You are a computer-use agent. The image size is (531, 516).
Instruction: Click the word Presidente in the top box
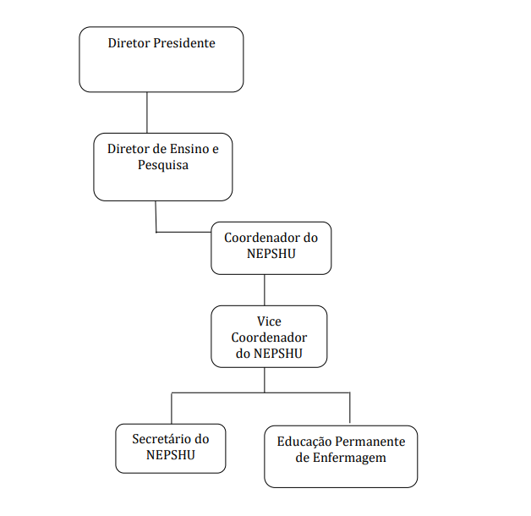tap(183, 43)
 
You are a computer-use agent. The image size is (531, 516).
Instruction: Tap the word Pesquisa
tap(163, 165)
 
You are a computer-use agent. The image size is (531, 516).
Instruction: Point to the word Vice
tap(269, 321)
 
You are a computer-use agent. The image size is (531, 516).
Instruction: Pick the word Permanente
tap(370, 442)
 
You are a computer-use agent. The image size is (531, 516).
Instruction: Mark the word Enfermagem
tap(349, 458)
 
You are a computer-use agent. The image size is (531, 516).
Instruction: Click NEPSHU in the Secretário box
tap(170, 455)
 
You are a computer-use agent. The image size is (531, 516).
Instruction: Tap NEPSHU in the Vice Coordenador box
tap(278, 354)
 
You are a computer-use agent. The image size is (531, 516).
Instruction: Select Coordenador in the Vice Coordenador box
tap(269, 338)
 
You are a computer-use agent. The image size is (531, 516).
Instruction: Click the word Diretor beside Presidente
tap(129, 43)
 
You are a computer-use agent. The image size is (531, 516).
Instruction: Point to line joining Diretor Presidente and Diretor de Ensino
tap(147, 113)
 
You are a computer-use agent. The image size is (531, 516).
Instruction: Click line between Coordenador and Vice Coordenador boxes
tap(265, 290)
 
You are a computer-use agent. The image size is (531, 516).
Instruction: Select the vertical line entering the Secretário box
tap(172, 409)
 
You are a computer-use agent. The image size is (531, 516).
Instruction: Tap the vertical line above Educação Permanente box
tap(349, 408)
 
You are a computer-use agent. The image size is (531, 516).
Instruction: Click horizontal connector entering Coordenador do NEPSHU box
tap(183, 232)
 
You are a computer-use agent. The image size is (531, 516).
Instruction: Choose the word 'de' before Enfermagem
tap(302, 458)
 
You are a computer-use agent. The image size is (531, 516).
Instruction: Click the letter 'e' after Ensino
tap(216, 149)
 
